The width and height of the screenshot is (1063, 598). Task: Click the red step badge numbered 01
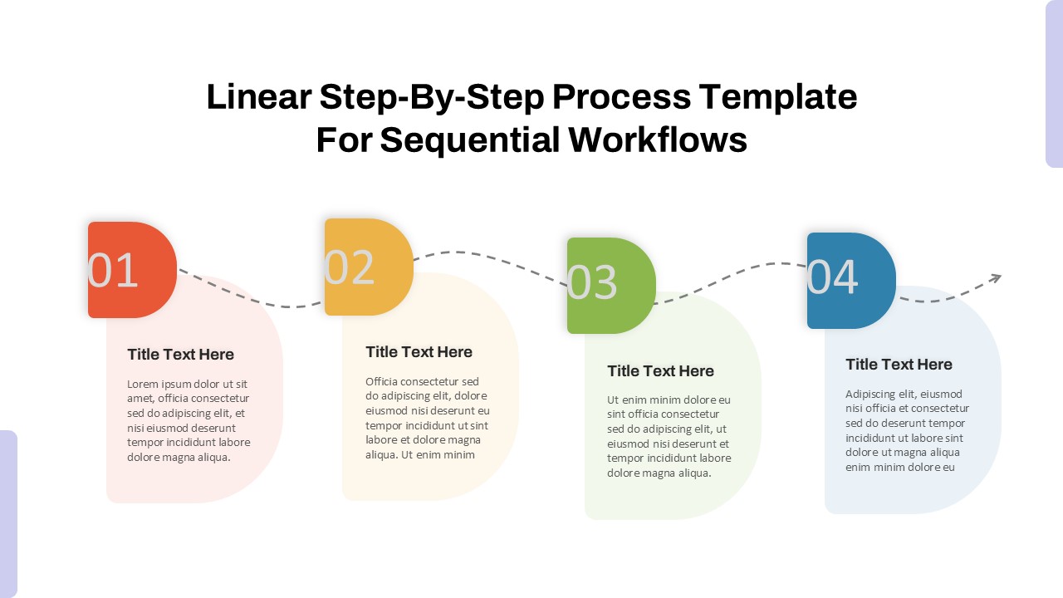coord(132,270)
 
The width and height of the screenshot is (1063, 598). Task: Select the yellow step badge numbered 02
coord(369,267)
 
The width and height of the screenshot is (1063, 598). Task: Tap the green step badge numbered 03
coord(611,286)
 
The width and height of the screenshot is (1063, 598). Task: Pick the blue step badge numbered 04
coord(851,280)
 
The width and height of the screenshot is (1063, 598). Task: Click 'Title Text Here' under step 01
coord(180,355)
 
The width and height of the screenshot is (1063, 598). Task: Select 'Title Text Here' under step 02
coord(419,352)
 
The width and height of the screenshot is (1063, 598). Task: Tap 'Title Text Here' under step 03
coord(660,371)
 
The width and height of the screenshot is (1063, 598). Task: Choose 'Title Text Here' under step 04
coord(899,365)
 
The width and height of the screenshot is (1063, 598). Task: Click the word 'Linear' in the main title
coord(257,97)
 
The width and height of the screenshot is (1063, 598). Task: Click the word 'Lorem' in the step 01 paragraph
coord(143,385)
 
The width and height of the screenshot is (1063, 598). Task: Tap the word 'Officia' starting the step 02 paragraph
coord(384,382)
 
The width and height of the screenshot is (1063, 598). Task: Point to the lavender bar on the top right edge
coord(1054,83)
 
